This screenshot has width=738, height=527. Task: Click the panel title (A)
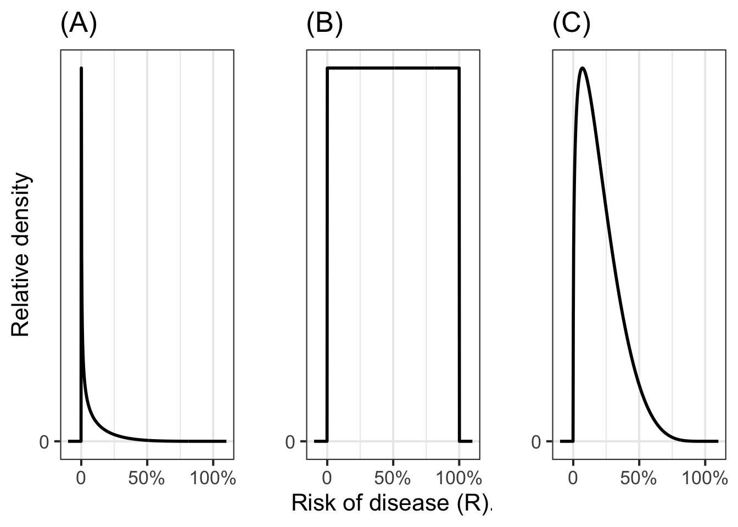79,25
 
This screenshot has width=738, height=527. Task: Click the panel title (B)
325,25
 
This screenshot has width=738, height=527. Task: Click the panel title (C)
571,25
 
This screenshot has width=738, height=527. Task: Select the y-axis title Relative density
22,255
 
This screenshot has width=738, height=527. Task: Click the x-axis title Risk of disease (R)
390,503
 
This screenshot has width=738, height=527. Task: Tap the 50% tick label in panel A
147,478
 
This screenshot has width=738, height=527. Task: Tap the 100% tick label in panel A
213,478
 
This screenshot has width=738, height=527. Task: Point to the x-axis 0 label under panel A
81,478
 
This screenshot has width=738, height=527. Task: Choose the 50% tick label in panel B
393,478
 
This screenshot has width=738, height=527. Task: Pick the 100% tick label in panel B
459,478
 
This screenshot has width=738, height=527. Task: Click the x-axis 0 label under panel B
327,478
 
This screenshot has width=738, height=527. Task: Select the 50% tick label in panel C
639,478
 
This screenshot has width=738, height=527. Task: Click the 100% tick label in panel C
705,478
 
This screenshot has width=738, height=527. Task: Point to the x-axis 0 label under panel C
573,478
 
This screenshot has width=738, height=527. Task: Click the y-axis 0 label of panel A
44,441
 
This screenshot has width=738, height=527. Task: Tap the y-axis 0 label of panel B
290,441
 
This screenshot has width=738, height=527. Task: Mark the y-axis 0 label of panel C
536,441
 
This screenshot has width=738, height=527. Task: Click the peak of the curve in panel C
582,68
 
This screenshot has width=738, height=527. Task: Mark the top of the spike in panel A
81,69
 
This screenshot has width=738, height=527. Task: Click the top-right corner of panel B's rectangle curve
459,69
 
